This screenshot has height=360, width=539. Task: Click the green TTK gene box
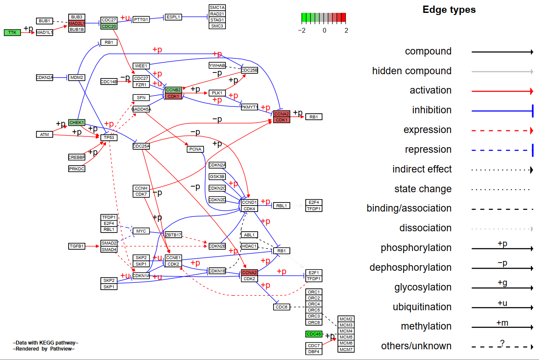(x=12, y=33)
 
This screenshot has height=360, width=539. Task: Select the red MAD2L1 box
(x=77, y=23)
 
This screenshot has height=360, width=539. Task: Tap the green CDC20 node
(x=108, y=27)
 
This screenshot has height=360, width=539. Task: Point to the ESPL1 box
(x=173, y=17)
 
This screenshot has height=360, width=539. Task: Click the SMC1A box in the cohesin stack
(x=217, y=8)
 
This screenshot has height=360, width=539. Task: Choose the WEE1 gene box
(x=141, y=66)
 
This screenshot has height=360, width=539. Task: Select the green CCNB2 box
(x=173, y=90)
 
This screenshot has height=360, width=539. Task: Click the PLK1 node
(x=217, y=93)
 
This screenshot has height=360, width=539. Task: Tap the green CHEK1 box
(x=77, y=123)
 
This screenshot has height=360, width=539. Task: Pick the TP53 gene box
(x=109, y=138)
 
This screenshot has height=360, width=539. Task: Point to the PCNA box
(x=195, y=149)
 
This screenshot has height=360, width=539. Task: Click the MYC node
(x=141, y=231)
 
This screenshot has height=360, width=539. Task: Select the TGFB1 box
(x=77, y=246)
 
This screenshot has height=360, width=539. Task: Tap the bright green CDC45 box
(x=313, y=334)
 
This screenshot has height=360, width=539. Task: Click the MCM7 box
(x=346, y=349)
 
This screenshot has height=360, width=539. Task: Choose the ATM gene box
(x=44, y=135)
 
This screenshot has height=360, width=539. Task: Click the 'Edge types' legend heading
(x=449, y=10)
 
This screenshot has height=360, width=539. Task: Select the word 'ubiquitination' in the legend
(x=422, y=307)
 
